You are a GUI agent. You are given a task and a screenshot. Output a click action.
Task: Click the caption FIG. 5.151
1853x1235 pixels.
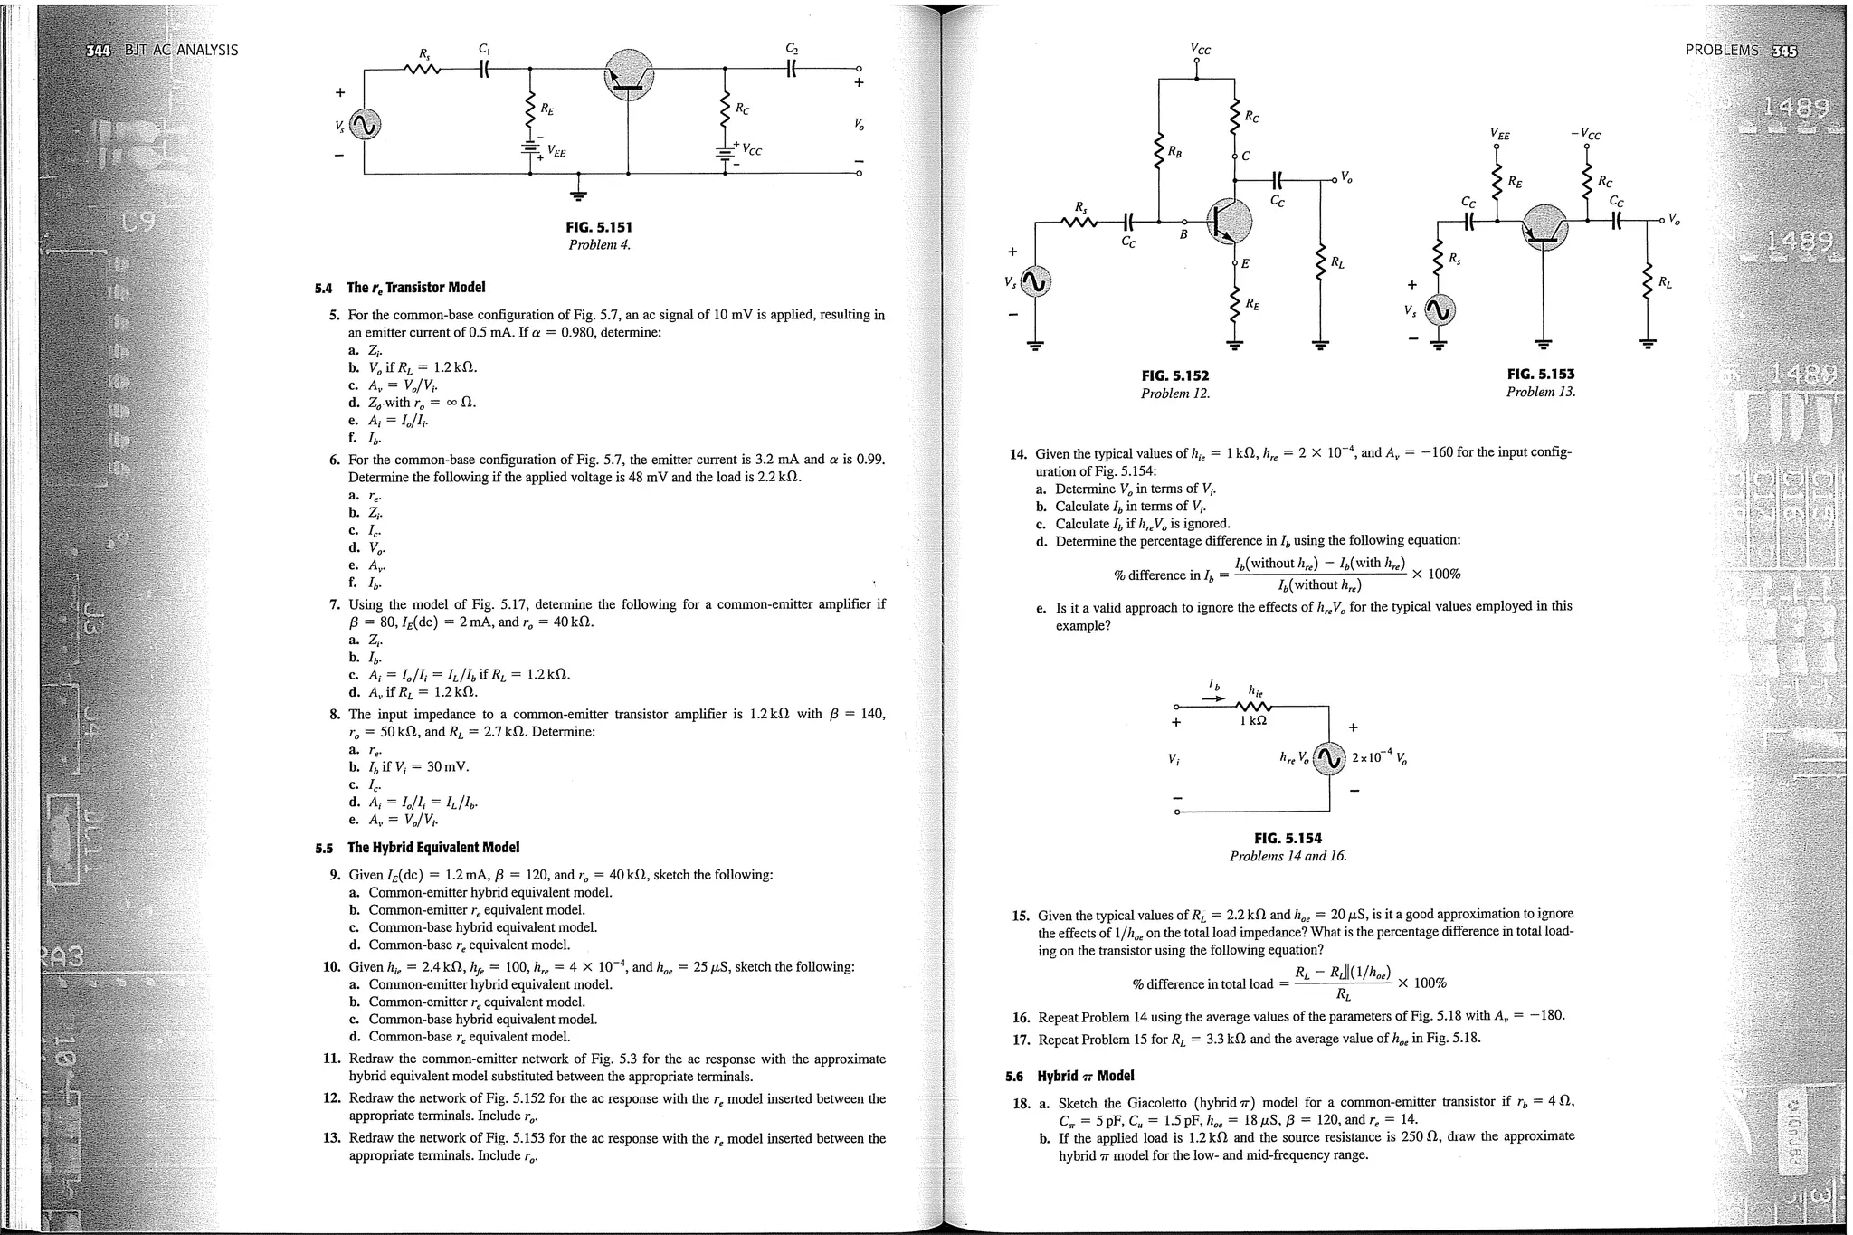599,227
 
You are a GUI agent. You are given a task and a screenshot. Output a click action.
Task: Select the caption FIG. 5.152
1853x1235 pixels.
1175,375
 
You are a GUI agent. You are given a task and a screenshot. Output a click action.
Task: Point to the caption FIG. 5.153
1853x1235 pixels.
1541,374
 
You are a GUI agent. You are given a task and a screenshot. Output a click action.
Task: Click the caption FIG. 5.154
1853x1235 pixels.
1288,838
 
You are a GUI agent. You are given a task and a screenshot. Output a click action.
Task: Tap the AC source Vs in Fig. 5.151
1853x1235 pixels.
365,126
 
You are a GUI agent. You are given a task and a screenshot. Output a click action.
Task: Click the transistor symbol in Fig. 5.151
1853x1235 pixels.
628,78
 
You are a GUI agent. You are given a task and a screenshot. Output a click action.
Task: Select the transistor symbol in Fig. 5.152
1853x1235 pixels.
1229,222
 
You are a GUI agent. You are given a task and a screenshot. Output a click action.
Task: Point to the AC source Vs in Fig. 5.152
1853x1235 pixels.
1036,283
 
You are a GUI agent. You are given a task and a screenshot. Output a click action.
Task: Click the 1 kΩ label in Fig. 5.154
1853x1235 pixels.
1253,721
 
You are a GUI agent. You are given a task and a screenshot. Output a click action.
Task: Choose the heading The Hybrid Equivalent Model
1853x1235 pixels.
433,848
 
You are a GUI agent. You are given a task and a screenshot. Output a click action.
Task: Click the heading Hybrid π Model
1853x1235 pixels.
1085,1076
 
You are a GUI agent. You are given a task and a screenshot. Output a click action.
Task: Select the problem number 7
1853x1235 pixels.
335,604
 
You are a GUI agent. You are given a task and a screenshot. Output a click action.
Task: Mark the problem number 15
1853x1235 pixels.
1021,915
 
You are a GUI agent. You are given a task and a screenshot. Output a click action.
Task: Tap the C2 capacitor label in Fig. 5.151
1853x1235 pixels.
793,49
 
